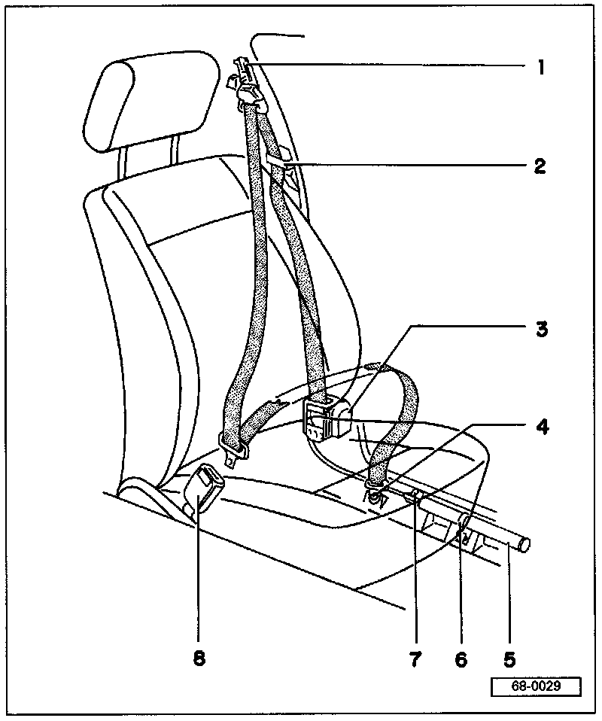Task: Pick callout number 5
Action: (x=509, y=659)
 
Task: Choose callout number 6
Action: (x=461, y=659)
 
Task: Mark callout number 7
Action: (x=415, y=659)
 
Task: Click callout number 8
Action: (x=198, y=659)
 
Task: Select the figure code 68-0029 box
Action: (x=537, y=687)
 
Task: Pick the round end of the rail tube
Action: (x=524, y=545)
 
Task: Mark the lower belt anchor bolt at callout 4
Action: (x=375, y=496)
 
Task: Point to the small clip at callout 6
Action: (x=464, y=536)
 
